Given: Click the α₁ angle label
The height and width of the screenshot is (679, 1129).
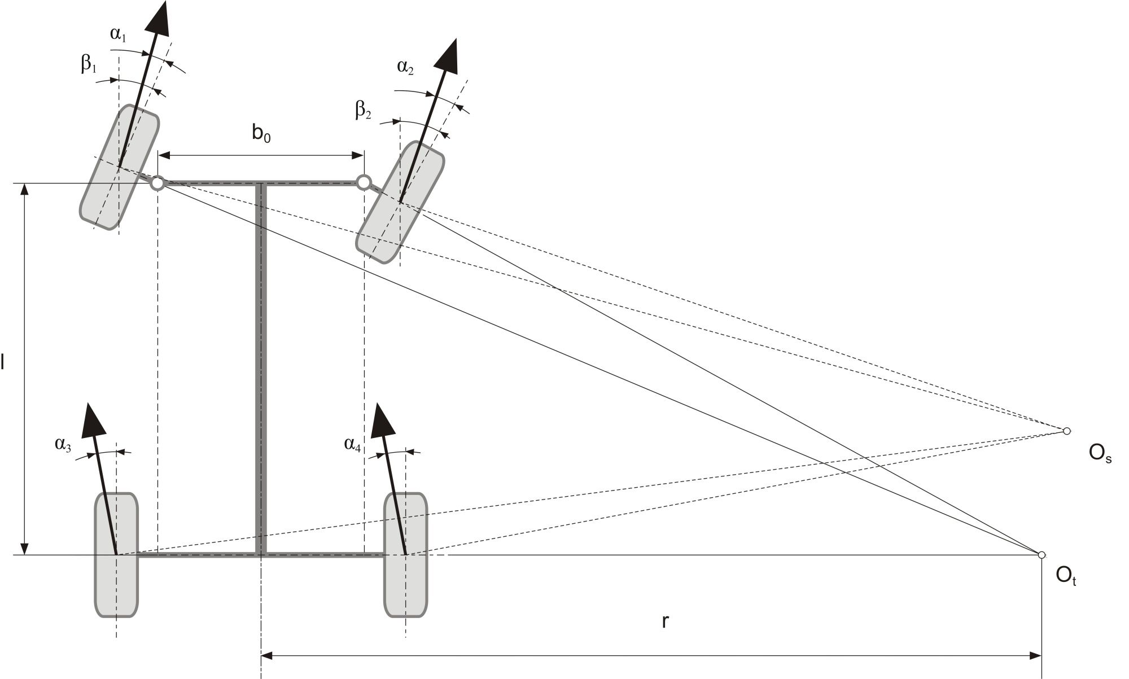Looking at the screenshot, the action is click(x=118, y=34).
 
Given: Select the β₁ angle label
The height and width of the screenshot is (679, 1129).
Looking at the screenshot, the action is click(x=89, y=64).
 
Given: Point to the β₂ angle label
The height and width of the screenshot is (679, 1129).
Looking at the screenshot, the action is click(x=363, y=110).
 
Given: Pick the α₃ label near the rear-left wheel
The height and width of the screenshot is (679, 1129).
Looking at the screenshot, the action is click(x=63, y=444).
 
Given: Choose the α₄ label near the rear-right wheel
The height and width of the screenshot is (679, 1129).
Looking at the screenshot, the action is click(x=353, y=444).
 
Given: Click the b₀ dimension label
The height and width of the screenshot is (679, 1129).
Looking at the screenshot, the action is click(x=261, y=134).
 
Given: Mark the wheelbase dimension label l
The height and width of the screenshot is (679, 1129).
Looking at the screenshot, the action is click(x=3, y=362).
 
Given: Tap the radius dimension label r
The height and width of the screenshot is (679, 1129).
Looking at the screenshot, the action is click(x=666, y=621).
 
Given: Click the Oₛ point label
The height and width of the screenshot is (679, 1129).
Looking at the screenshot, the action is click(x=1100, y=454).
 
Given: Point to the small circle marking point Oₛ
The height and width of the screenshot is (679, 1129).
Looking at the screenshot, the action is click(x=1067, y=431).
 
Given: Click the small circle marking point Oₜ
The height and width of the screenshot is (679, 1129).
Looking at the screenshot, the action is click(x=1042, y=555).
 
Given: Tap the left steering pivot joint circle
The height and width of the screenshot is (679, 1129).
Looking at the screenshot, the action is click(x=158, y=183).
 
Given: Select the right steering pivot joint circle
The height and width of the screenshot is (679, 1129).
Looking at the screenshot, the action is click(x=364, y=182).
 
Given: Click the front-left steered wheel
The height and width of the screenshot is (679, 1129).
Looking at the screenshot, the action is click(x=119, y=167).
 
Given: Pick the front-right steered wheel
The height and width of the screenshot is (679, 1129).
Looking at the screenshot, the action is click(x=400, y=202).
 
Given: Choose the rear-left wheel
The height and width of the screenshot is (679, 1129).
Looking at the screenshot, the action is click(x=116, y=555).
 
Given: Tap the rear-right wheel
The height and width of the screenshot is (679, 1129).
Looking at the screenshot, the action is click(x=405, y=555).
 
